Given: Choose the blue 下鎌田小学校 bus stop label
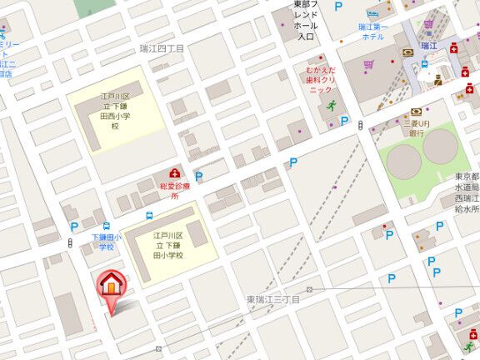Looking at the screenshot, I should [107, 242].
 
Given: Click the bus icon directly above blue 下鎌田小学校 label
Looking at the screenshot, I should [107, 227].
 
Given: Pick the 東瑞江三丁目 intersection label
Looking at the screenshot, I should [272, 298].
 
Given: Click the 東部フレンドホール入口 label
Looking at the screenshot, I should [306, 20].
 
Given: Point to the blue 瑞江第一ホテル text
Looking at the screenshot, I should [372, 32].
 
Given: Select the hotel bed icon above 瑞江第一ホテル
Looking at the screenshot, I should [372, 14].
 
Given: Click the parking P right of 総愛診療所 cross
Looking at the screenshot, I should [198, 176].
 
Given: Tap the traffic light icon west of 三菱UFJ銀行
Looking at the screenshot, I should [360, 125].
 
